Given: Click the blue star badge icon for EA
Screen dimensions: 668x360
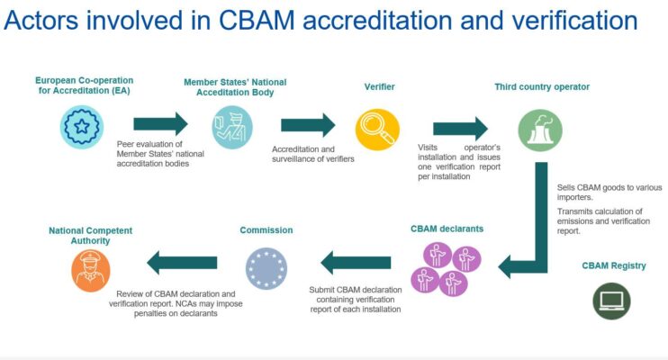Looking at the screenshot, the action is point(81,127).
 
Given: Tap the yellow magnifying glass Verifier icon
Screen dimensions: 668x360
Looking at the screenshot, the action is point(377,130).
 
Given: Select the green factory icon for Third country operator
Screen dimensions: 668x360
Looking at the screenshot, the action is point(540,130).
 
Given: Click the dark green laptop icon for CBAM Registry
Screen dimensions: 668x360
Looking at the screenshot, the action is point(611,301).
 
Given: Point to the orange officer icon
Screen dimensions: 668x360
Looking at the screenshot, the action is point(91,271).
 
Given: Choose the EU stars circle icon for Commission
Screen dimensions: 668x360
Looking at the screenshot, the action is point(266,268).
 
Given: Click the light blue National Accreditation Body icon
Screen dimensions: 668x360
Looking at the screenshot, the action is point(232,128).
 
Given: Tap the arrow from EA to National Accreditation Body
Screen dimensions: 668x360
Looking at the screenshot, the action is point(160,124).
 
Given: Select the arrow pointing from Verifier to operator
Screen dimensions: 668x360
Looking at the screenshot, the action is point(461,128).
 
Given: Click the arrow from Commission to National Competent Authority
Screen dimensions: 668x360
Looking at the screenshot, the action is point(182,263).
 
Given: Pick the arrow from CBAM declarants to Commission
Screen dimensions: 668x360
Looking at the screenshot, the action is point(356,263).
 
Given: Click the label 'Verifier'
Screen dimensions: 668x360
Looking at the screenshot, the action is point(379,87).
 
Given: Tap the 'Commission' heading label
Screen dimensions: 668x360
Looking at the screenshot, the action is point(266,230).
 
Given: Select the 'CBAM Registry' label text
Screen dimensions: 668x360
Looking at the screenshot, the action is point(614,265).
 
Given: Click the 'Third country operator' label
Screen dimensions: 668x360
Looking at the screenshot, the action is point(542,87).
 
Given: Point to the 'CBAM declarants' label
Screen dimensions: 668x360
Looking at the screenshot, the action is point(447,229).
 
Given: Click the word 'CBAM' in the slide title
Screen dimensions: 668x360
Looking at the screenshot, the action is point(257,20).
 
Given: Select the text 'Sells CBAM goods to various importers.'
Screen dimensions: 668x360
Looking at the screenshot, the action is point(609,192).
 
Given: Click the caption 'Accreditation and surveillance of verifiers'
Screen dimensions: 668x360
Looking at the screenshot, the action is point(313,154).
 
